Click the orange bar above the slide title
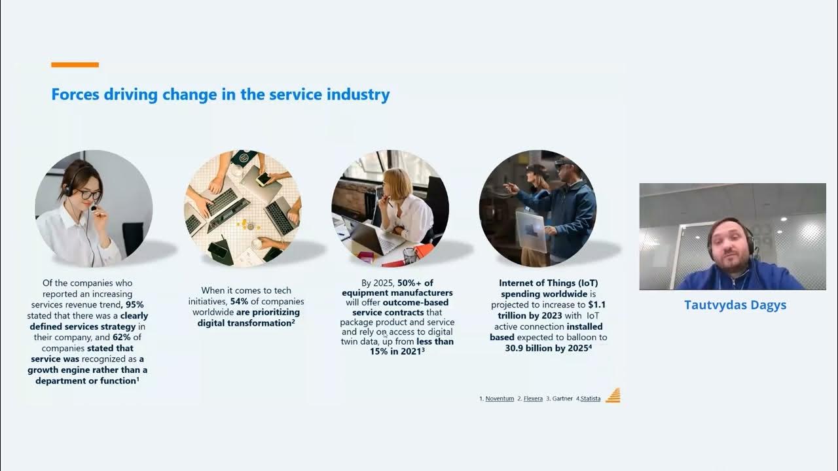[75, 65]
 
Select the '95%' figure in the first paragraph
[135, 304]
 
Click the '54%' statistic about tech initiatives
[241, 302]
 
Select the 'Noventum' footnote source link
[500, 398]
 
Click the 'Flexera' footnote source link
[533, 398]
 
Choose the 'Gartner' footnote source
[562, 398]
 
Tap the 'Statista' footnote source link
[590, 398]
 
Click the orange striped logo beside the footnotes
[613, 396]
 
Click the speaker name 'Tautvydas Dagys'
[735, 305]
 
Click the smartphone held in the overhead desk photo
[263, 179]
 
